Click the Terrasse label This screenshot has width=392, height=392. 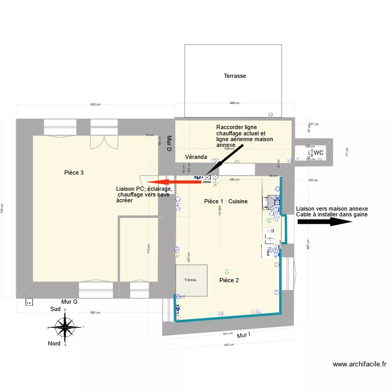235,76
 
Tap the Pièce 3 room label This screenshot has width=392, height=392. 74,172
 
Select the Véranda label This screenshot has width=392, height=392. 196,157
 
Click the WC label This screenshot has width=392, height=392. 318,153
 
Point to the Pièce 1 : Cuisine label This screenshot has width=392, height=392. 225,201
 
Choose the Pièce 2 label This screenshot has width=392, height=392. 229,281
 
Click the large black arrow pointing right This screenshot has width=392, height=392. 324,222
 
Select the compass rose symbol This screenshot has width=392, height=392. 65,328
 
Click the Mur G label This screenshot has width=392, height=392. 69,302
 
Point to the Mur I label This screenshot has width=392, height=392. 244,335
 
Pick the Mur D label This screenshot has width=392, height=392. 169,143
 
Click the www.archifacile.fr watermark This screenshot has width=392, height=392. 359,364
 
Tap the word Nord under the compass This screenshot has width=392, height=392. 54,343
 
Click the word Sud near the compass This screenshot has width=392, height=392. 55,309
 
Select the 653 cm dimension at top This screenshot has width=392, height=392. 95,105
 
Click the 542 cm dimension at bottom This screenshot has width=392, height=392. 228,345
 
